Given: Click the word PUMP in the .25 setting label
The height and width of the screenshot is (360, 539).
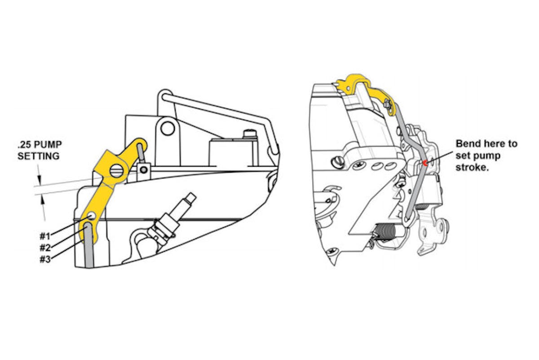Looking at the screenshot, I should pyautogui.click(x=47, y=145).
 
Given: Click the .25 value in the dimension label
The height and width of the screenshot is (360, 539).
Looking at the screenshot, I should pyautogui.click(x=24, y=145).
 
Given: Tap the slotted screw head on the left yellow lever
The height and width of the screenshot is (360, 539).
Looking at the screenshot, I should pyautogui.click(x=117, y=170).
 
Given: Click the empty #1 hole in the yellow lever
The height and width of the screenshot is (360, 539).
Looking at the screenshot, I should pyautogui.click(x=92, y=216).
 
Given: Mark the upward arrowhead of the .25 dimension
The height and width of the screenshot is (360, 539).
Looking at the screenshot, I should pyautogui.click(x=44, y=201).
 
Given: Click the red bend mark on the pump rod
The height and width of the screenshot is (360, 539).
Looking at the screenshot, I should pyautogui.click(x=424, y=163).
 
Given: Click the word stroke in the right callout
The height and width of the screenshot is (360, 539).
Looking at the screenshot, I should pyautogui.click(x=470, y=168).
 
